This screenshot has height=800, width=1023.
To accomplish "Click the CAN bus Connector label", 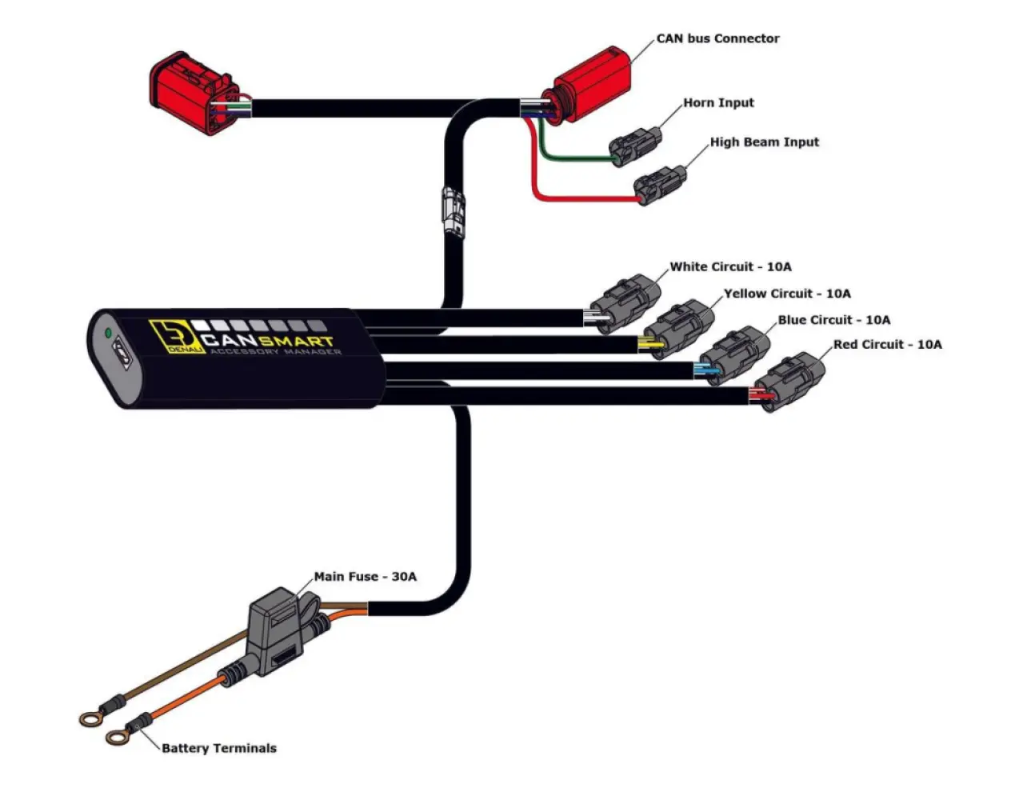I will pos(717,38).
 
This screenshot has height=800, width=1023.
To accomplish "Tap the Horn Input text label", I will pos(718,102).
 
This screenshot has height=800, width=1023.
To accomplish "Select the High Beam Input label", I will pos(764,142).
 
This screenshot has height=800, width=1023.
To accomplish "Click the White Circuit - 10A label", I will pos(730,266).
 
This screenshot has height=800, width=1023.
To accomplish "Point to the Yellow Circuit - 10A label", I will pos(787,294).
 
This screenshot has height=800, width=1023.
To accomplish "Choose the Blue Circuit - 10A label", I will pos(833,320).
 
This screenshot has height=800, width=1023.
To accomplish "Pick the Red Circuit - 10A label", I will pos(887,345).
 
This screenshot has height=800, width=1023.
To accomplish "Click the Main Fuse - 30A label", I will pos(365,576).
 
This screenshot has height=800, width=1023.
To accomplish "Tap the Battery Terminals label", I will pos(218,748).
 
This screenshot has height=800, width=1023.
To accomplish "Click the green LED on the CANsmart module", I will pos(106,332).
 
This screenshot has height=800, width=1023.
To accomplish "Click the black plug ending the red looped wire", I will pos(661,185).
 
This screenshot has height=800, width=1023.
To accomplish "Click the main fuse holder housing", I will pos(276,627).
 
